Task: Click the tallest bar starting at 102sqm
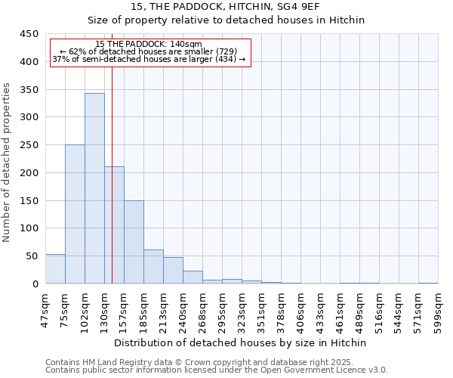click(x=94, y=189)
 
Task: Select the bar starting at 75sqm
click(x=75, y=215)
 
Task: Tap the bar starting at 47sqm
click(x=55, y=269)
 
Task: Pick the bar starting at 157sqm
click(x=134, y=242)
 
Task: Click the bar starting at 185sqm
click(x=153, y=267)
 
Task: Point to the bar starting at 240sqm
click(x=193, y=277)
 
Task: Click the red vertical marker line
click(x=112, y=174)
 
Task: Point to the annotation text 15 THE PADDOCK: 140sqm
click(x=149, y=44)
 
